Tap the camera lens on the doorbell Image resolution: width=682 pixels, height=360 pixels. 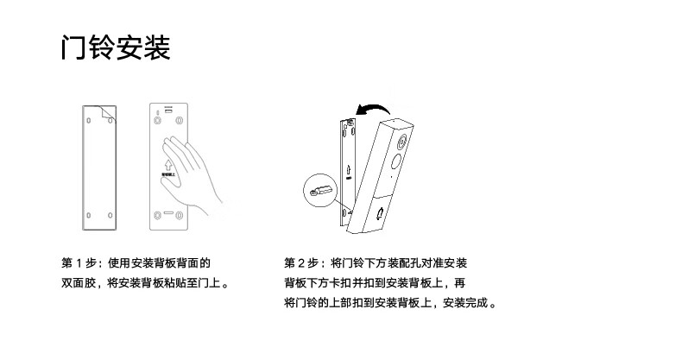pyautogui.click(x=395, y=163)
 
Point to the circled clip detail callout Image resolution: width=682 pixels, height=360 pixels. pyautogui.click(x=319, y=188)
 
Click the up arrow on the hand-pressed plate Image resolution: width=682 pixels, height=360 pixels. pyautogui.click(x=166, y=162)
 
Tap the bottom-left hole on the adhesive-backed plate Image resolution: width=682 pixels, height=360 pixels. pyautogui.click(x=87, y=215)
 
